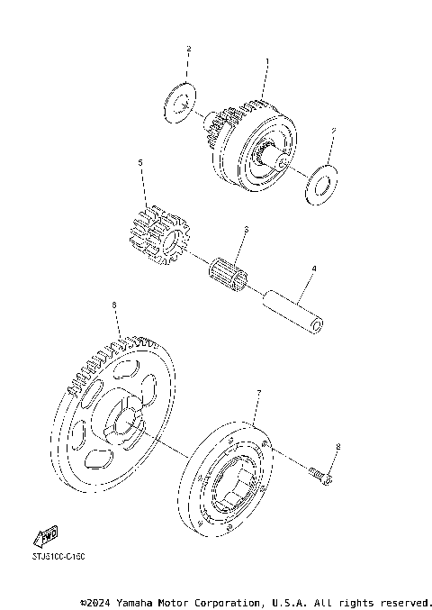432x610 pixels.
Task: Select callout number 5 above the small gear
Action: tap(140, 163)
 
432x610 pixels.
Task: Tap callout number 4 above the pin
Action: tap(314, 269)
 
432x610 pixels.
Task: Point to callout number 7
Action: tap(258, 393)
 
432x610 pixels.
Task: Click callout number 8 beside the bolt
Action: tap(337, 446)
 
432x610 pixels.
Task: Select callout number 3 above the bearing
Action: tap(244, 231)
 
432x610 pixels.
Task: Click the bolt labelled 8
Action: tap(320, 473)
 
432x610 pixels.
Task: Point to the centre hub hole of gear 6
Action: tap(123, 422)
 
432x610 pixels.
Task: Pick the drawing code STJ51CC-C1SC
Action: tap(58, 557)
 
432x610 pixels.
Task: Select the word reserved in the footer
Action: tap(406, 601)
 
